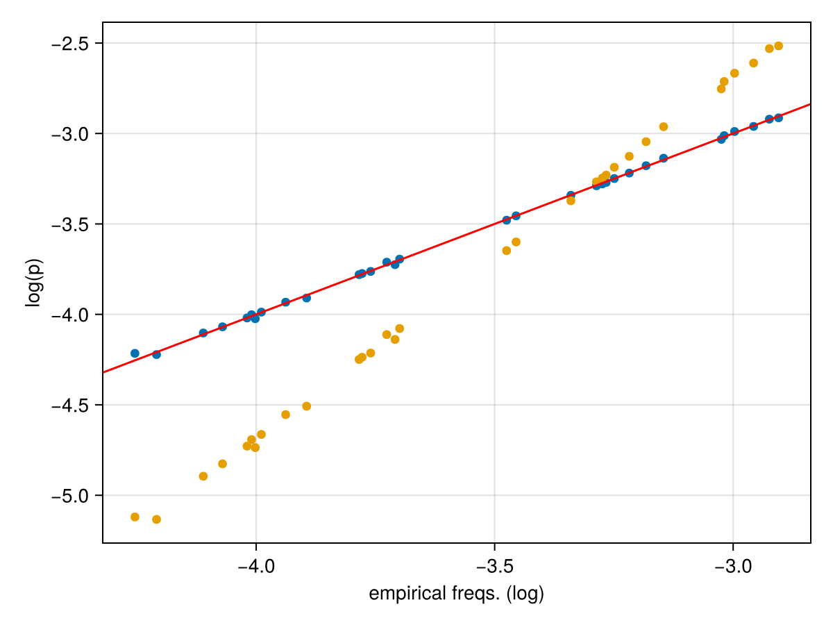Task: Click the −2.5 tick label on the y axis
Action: coord(73,44)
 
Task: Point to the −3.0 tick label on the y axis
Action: coord(73,134)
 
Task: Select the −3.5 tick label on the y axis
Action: coord(73,224)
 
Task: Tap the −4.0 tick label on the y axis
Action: coord(73,315)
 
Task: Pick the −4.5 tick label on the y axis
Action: coord(73,405)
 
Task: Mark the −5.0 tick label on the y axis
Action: coord(73,495)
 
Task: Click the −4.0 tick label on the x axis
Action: coord(256,565)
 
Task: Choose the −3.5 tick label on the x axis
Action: coord(494,565)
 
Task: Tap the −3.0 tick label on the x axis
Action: coord(733,565)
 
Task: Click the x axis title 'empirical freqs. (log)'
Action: coord(456,594)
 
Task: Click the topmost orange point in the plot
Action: coord(778,46)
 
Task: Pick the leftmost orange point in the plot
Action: coord(135,517)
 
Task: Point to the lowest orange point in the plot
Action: coord(156,519)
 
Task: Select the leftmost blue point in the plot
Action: coord(135,353)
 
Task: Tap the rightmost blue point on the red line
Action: coord(778,117)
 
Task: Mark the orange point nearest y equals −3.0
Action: coord(663,126)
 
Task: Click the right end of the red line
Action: coord(810,104)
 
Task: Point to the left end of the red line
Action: coord(103,372)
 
